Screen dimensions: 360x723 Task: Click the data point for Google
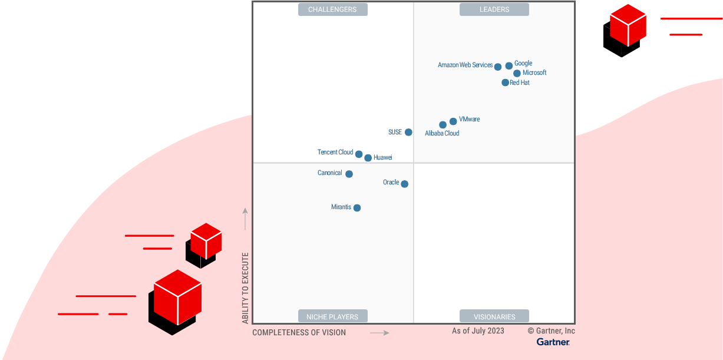click(x=509, y=66)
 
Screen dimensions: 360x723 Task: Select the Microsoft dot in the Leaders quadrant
click(x=517, y=74)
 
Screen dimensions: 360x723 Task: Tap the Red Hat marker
click(x=505, y=82)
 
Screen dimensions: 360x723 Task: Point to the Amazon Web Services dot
click(x=498, y=67)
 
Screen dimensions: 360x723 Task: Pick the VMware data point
click(x=453, y=121)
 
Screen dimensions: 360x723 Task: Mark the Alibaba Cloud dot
click(x=443, y=125)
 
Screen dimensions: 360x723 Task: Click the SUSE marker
click(x=408, y=133)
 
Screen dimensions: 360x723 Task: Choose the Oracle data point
click(x=404, y=184)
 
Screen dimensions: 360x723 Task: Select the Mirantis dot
click(x=357, y=207)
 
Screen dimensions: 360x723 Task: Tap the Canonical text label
click(x=329, y=173)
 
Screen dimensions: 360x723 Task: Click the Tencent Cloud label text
click(x=335, y=152)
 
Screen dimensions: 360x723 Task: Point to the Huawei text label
click(x=382, y=157)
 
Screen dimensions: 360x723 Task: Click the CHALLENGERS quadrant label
click(x=333, y=9)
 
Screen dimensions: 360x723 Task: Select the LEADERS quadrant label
click(x=494, y=9)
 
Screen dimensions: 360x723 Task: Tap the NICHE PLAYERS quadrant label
click(x=332, y=316)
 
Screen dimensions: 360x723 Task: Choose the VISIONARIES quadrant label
click(x=494, y=316)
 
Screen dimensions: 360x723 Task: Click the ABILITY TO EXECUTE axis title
click(x=246, y=288)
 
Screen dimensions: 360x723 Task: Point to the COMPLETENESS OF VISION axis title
click(x=299, y=332)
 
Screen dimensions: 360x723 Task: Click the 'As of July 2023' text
click(x=478, y=331)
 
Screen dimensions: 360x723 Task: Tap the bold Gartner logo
click(x=553, y=342)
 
